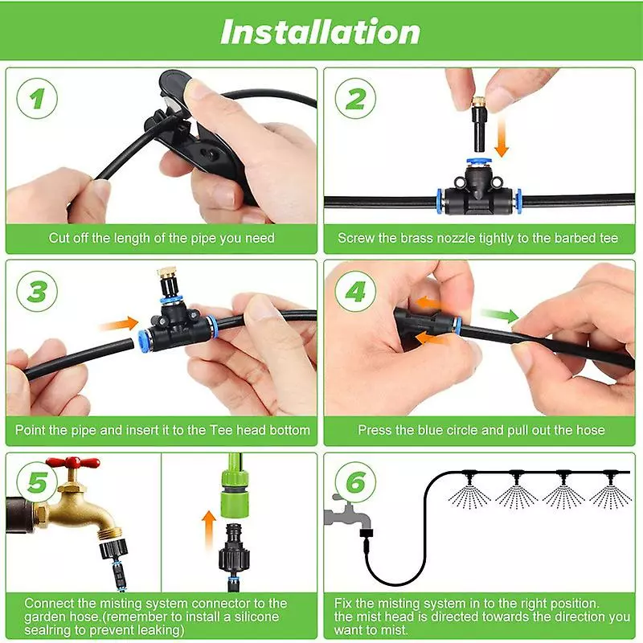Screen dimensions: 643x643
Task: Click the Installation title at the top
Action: (320, 32)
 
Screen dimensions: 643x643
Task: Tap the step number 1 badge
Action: (38, 100)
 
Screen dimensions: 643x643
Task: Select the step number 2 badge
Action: (355, 100)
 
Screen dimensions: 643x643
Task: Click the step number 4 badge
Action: (355, 291)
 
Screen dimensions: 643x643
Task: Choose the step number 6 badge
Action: (355, 484)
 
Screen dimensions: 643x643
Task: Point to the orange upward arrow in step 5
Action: (209, 530)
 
